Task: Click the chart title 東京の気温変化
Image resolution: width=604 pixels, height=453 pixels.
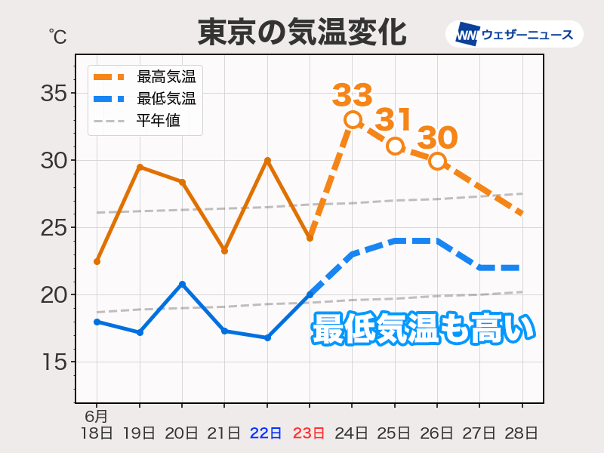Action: [x=301, y=32]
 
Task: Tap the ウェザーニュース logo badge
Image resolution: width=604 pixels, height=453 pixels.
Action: [x=514, y=34]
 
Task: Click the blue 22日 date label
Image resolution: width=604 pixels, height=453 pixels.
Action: [x=267, y=433]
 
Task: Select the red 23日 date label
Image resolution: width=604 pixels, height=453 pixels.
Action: [x=310, y=433]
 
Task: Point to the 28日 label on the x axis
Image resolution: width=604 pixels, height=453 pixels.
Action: [x=522, y=433]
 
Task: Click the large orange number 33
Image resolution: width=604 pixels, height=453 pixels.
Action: [x=353, y=95]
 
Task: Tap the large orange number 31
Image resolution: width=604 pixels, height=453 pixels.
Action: [x=394, y=119]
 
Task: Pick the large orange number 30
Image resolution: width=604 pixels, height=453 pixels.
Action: [x=437, y=138]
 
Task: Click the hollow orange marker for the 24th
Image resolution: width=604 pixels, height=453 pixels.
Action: [x=352, y=119]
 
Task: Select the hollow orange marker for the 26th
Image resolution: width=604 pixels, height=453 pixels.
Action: [x=437, y=161]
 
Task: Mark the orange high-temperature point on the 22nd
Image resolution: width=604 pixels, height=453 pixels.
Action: [x=267, y=160]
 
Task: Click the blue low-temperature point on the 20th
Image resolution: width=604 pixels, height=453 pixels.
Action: [x=182, y=284]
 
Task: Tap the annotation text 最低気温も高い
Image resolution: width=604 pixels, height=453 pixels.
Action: [x=423, y=329]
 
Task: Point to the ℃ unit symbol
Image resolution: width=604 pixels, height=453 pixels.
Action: [x=57, y=35]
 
